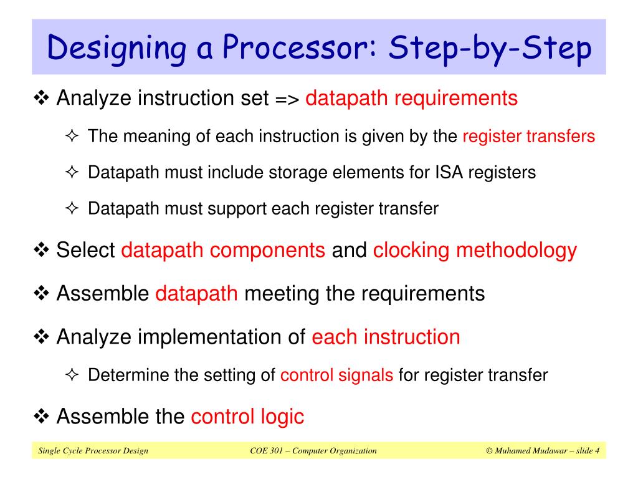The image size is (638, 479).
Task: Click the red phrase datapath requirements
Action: (411, 98)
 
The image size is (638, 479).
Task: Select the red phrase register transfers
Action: (528, 136)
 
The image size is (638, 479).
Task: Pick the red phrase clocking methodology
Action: (475, 250)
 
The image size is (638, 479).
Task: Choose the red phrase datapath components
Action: (223, 250)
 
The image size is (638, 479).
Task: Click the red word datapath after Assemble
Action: (196, 293)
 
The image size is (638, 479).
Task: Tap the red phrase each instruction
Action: (386, 337)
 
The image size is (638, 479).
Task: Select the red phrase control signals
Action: (336, 375)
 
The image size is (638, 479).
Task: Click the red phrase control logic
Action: (247, 416)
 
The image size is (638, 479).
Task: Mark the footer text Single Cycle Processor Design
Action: (93, 450)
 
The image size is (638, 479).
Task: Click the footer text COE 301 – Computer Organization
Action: (310, 450)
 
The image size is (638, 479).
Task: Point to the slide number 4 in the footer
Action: (597, 450)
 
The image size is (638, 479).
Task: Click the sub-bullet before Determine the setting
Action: (72, 375)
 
